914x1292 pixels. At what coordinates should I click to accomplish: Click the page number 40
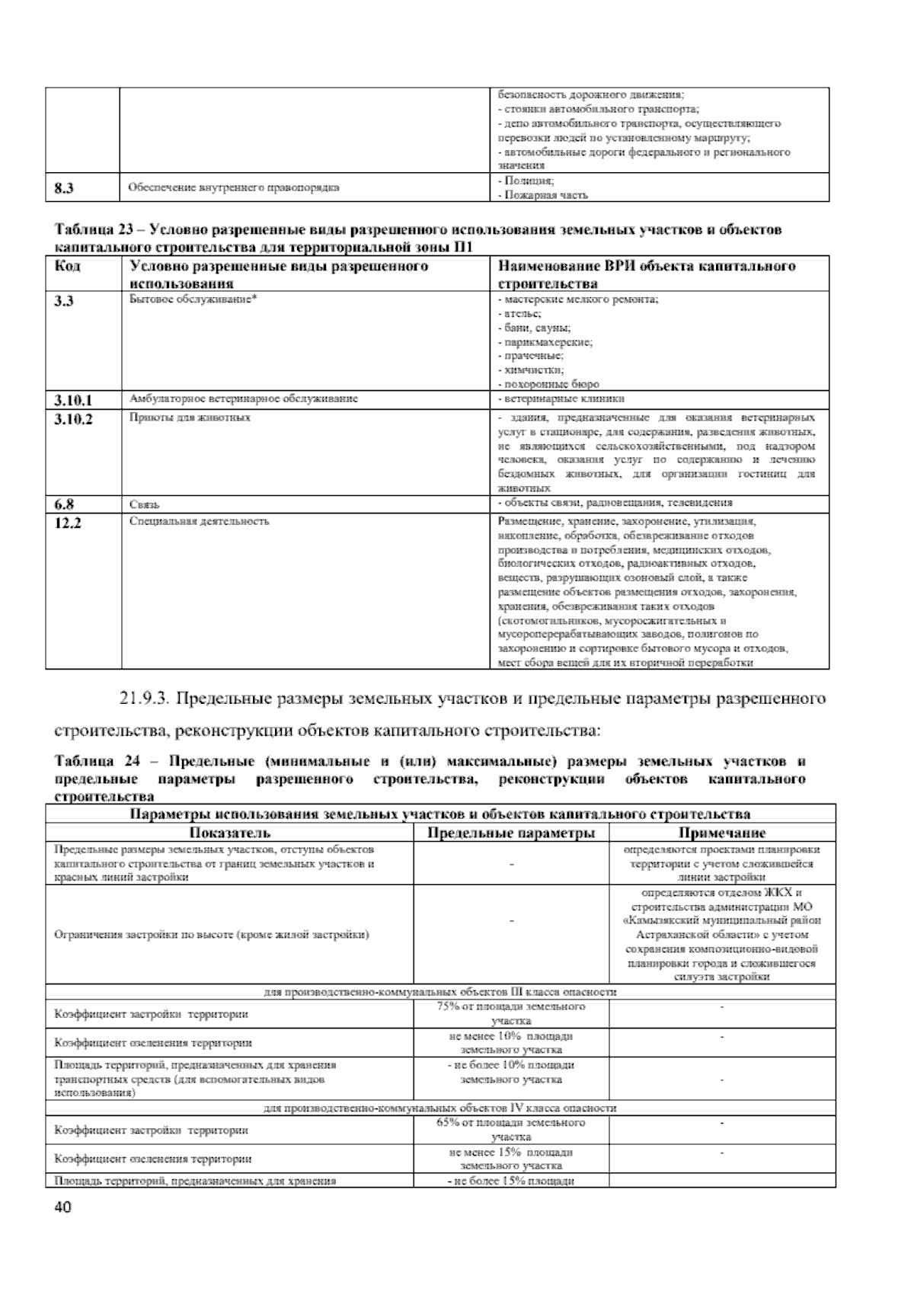coord(62,1208)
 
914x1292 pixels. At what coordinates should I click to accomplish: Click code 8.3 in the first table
coord(64,187)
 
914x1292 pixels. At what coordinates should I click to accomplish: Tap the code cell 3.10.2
coord(74,418)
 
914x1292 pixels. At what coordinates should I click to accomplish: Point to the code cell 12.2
coord(68,523)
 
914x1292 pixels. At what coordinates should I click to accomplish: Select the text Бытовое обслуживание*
coord(193,300)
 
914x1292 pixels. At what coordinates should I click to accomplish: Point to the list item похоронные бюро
coord(549,385)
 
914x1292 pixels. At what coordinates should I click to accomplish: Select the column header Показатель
coord(229,833)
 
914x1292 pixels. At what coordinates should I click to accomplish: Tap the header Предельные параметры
coord(511,833)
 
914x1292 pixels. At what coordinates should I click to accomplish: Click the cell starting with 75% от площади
coord(511,1013)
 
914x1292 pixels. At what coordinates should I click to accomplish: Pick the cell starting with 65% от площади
coord(511,1130)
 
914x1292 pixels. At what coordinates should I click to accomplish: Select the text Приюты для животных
coord(190,418)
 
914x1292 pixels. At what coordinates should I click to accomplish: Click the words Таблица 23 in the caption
coord(90,229)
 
